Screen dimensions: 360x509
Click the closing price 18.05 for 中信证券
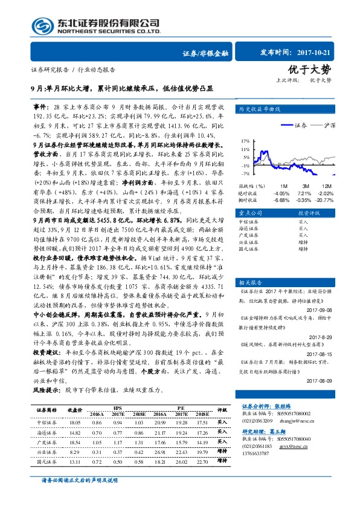[x=76, y=422]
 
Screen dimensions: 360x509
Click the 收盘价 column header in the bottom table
[x=75, y=410]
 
